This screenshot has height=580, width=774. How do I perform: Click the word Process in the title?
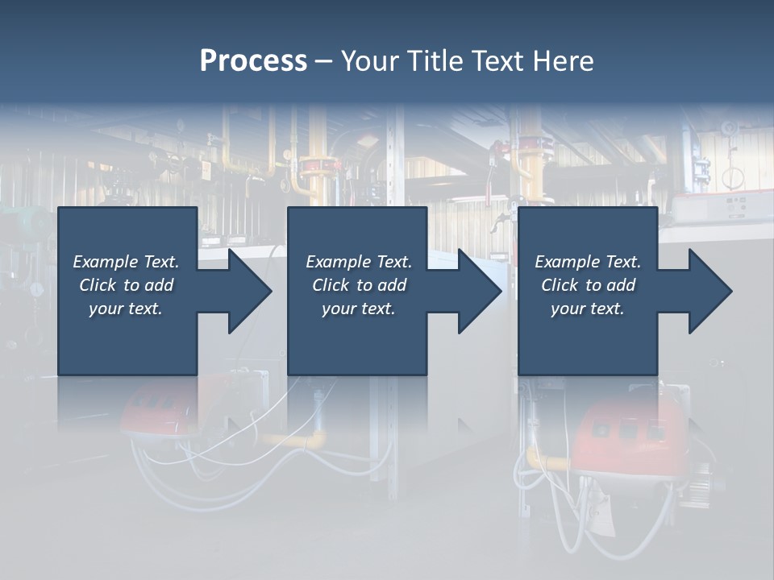(x=253, y=61)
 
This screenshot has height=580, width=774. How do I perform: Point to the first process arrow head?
(x=248, y=291)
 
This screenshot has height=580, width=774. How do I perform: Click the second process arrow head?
(x=478, y=291)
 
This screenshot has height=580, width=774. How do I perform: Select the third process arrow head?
(x=709, y=291)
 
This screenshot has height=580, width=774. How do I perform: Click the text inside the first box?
(x=126, y=285)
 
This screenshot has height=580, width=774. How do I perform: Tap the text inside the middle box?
(x=359, y=285)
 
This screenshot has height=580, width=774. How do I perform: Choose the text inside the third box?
(x=588, y=285)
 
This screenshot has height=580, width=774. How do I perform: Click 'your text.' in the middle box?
(x=359, y=309)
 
